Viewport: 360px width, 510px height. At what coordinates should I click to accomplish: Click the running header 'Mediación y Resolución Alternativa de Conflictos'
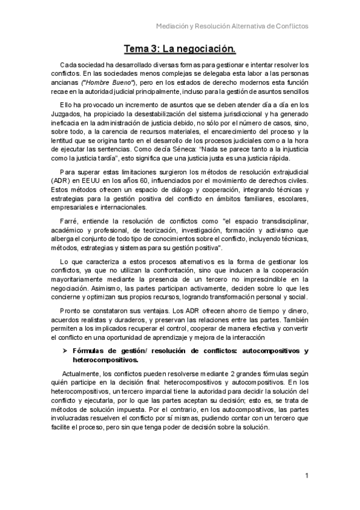pyautogui.click(x=232, y=26)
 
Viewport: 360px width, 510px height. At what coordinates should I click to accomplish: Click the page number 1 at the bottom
pyautogui.click(x=307, y=476)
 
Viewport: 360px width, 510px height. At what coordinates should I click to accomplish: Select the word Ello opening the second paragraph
pyautogui.click(x=66, y=105)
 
